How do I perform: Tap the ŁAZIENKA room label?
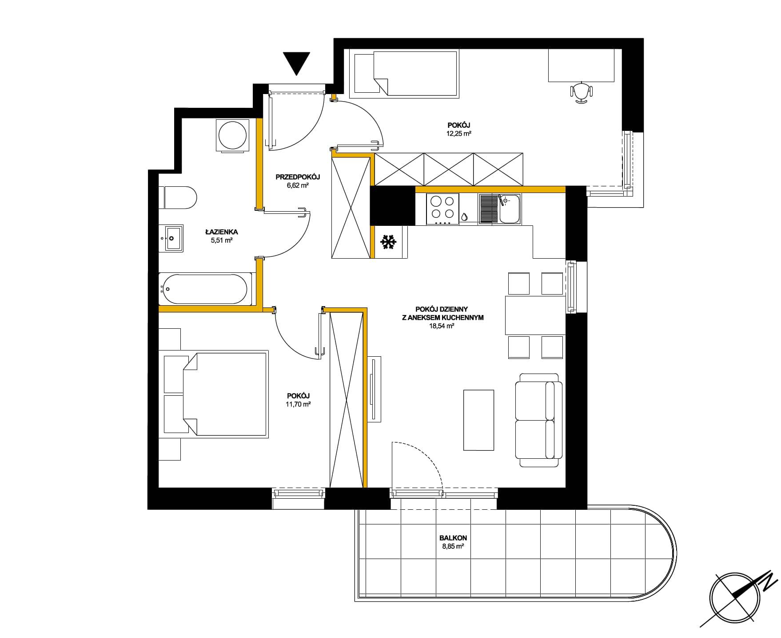(222, 232)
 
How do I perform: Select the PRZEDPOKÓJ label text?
(298, 177)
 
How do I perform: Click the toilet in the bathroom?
(178, 197)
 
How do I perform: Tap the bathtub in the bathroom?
(205, 288)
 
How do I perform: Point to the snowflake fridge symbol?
(388, 242)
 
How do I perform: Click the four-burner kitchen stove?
(442, 209)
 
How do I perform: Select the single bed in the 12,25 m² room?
(404, 73)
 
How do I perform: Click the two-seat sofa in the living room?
(539, 420)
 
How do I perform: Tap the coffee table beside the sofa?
(479, 420)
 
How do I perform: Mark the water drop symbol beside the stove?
(464, 217)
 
